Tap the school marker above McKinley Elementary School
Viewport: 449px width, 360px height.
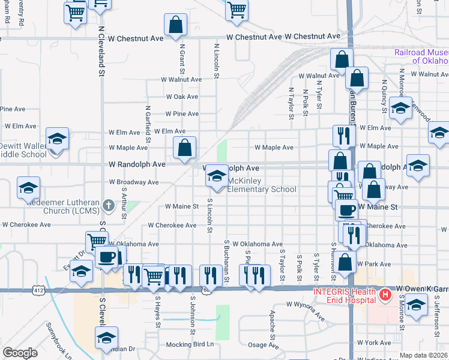(216, 176)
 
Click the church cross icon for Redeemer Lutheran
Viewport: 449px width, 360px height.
(109, 206)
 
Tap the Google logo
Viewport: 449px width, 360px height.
(20, 353)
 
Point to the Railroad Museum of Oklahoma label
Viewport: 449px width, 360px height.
(421, 56)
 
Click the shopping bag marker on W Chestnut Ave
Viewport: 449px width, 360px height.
(176, 25)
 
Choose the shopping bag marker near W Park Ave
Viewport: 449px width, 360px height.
(346, 262)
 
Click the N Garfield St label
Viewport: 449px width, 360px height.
(147, 122)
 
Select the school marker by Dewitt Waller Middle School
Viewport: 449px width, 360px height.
(57, 139)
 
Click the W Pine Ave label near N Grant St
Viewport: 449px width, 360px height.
(182, 114)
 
